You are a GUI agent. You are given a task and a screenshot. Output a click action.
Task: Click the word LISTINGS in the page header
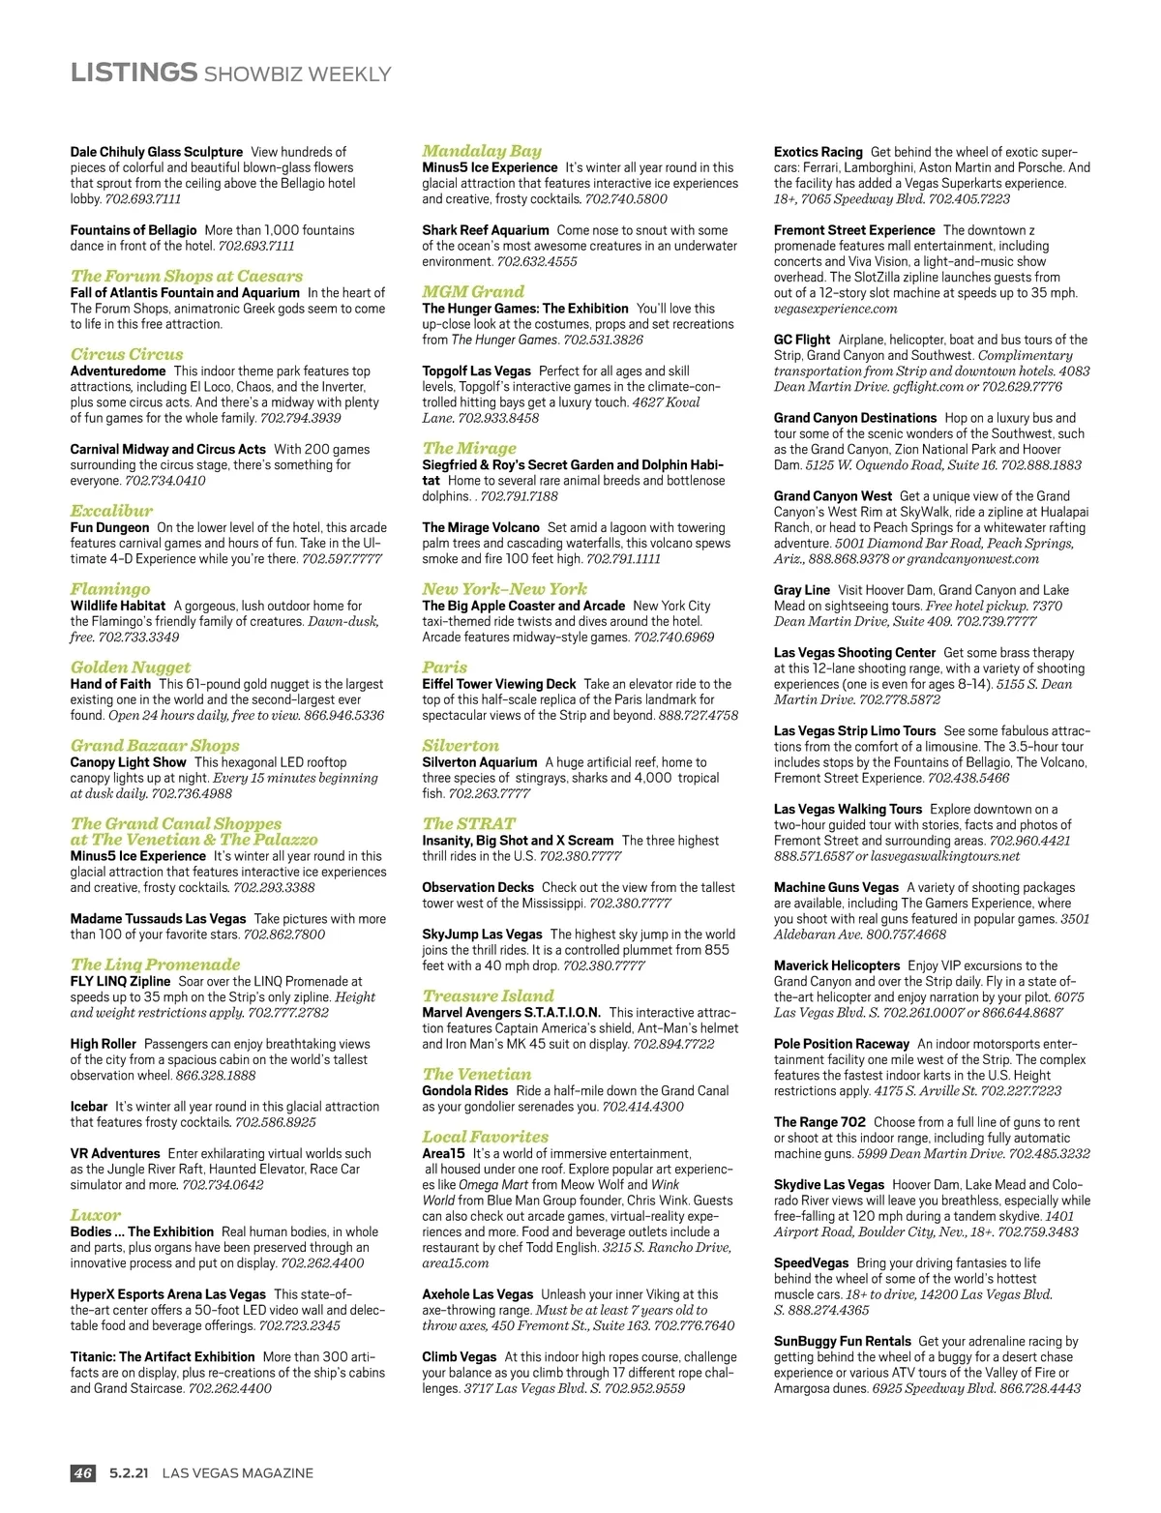134,73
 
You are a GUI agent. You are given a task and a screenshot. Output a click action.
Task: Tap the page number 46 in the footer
83,1472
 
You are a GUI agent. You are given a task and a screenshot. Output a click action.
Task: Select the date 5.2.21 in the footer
129,1472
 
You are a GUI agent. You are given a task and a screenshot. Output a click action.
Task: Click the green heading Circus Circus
127,354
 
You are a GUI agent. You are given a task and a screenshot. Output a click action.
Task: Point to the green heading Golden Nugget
131,667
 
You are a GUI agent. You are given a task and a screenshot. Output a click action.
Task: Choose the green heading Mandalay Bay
482,150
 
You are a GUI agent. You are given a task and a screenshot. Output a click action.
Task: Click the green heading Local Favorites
485,1137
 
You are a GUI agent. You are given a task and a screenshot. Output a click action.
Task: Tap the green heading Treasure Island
488,995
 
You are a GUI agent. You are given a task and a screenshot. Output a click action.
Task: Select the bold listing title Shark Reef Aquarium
485,230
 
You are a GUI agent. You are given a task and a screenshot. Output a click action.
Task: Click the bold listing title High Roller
103,1044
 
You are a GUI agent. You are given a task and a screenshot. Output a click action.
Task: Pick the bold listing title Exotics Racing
818,152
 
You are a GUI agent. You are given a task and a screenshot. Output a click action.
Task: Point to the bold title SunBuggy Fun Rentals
842,1341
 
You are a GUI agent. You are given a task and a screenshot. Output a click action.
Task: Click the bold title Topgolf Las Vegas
476,371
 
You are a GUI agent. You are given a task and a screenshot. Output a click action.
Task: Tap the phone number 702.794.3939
300,418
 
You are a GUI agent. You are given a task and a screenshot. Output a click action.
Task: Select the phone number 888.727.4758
698,715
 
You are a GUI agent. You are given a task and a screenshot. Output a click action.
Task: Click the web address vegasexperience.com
835,309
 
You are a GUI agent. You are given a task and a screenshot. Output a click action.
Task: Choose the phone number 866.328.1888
216,1075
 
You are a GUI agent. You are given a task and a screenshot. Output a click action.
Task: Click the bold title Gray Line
801,590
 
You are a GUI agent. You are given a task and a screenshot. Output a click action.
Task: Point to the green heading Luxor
96,1215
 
